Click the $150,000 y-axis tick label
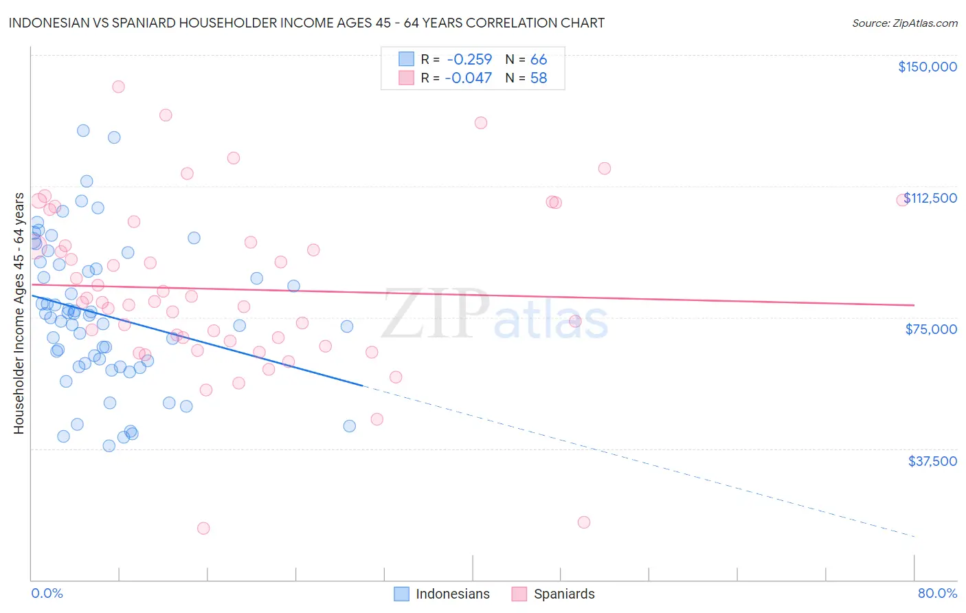coord(927,67)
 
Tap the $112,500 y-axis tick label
coord(930,198)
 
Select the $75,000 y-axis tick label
coord(931,329)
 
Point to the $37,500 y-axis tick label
coord(932,461)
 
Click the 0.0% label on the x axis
coord(47,594)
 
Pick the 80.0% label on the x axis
coord(937,594)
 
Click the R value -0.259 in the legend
coord(469,60)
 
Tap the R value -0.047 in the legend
coord(469,78)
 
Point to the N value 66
coord(539,60)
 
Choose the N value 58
coord(539,78)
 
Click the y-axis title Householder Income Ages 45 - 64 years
coord(19,313)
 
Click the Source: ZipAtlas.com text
coord(904,23)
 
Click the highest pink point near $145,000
coord(118,87)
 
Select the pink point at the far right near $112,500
coord(903,200)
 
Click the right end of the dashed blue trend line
coord(914,535)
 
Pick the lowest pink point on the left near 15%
coord(203,528)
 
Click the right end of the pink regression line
coord(914,304)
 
